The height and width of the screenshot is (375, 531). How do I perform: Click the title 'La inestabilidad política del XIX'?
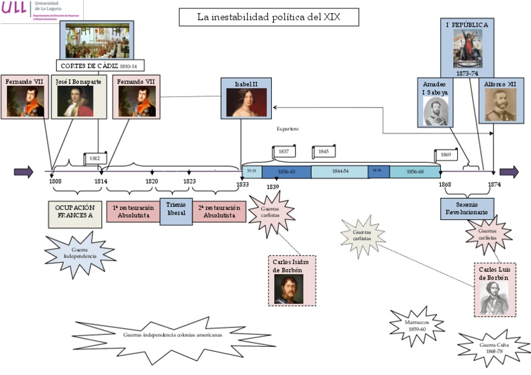(269, 17)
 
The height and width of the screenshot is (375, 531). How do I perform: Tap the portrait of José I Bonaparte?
(75, 101)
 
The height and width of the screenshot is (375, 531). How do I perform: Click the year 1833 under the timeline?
(242, 184)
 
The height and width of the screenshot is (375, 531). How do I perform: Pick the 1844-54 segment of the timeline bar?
(340, 172)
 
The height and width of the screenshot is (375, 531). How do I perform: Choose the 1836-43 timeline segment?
(286, 172)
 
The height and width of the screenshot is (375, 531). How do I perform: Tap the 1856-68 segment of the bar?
(415, 172)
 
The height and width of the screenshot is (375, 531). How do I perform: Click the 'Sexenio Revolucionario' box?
(467, 209)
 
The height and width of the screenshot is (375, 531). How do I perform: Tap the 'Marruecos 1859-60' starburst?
(417, 326)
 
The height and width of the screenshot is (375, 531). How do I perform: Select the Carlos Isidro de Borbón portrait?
(288, 289)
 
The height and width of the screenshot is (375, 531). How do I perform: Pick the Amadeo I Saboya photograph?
(436, 110)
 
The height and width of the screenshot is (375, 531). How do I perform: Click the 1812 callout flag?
(95, 158)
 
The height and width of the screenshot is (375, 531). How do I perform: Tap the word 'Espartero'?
(287, 129)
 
